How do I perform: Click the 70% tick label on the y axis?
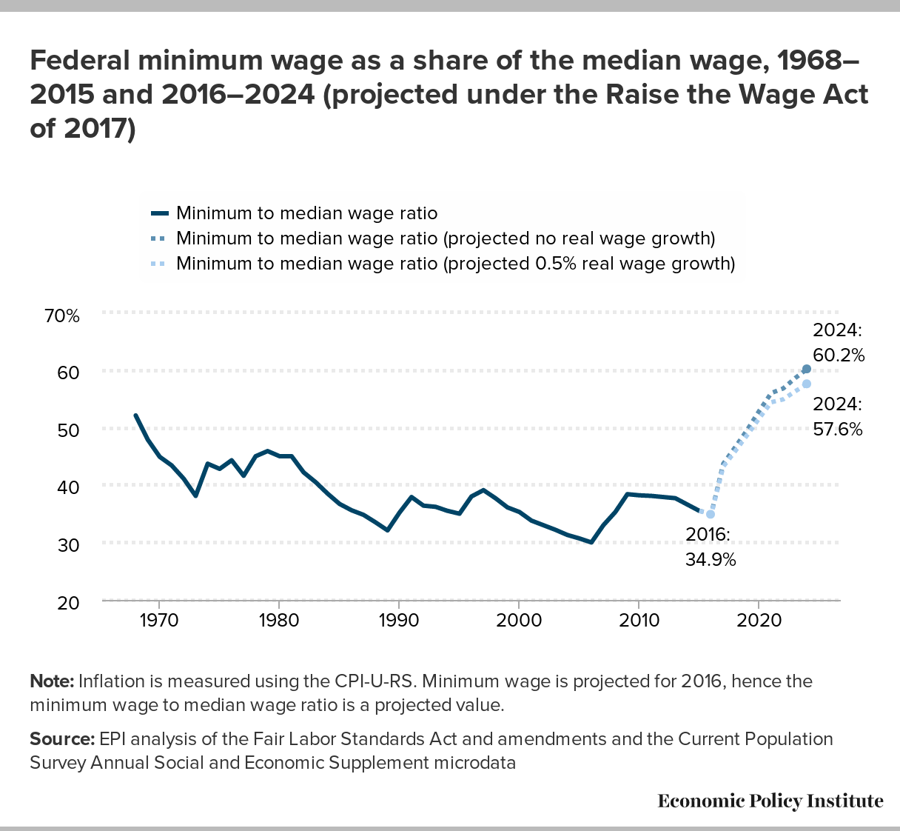coord(61,316)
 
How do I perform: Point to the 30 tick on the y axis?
coord(68,545)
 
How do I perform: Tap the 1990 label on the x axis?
coord(399,620)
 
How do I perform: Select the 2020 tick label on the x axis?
coord(759,620)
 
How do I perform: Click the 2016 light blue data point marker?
coord(711,514)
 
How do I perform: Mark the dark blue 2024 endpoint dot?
coord(807,370)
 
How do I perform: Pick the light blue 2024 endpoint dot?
coord(807,384)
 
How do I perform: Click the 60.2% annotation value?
coord(839,355)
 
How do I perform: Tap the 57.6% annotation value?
coord(838,429)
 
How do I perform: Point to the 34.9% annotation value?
coord(711,560)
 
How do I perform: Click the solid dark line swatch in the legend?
coord(160,213)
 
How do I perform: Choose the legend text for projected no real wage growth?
coord(446,238)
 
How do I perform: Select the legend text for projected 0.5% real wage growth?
coord(455,264)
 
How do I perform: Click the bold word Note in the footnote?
coord(52,681)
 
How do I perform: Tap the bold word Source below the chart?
coord(62,739)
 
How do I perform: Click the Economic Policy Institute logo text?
coord(770,801)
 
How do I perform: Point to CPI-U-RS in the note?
coord(374,681)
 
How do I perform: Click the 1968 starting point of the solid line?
coord(135,415)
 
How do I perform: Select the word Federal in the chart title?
coord(80,60)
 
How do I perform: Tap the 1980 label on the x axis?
coord(279,620)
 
